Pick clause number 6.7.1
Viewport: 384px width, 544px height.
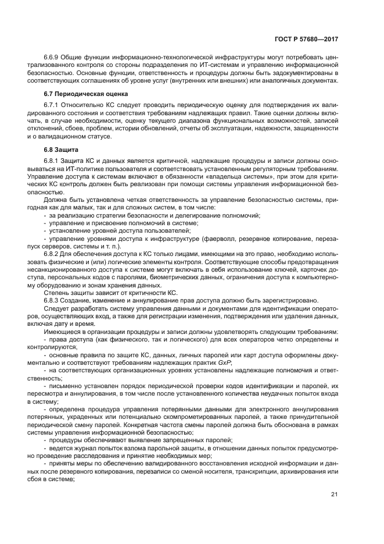53,105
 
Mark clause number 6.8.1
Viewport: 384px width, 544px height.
53,161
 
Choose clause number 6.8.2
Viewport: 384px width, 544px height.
53,254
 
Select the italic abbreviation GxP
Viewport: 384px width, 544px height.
224,362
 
